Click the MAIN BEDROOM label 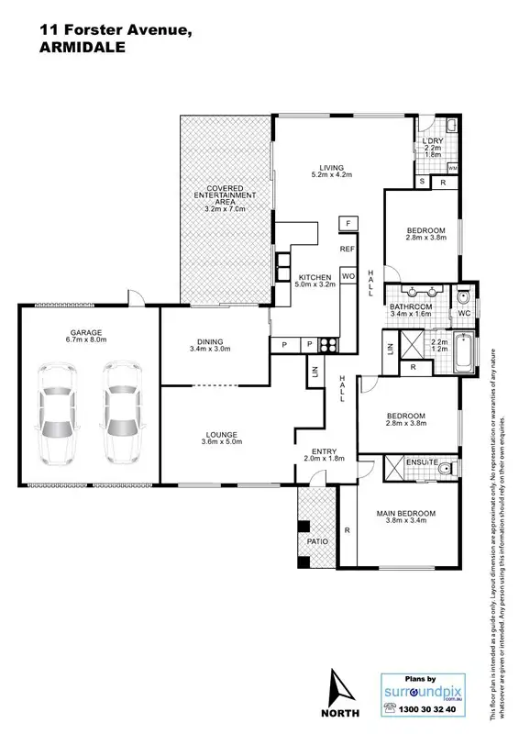[405, 513]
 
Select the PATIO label [318, 542]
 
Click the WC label [463, 314]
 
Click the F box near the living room [348, 223]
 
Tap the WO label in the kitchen [348, 275]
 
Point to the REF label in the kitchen [348, 249]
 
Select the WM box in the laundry [453, 169]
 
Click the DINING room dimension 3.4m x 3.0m [210, 349]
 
